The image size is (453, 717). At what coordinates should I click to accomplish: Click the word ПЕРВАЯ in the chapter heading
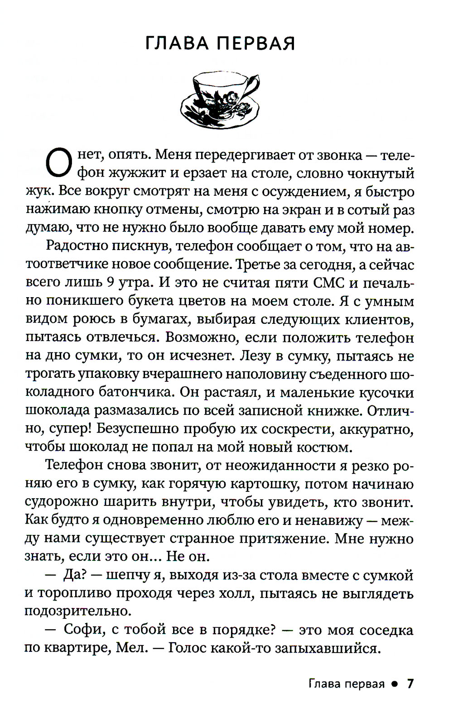(x=256, y=43)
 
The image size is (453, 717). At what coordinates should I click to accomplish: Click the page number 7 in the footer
(x=410, y=683)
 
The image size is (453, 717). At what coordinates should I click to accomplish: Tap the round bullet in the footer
(x=395, y=684)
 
